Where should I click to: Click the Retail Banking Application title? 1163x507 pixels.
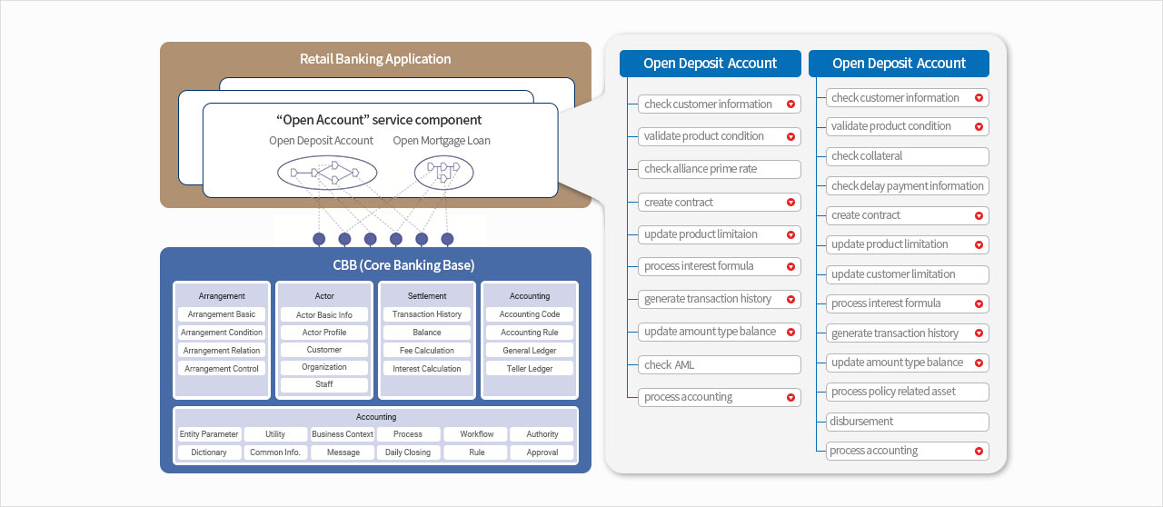point(375,59)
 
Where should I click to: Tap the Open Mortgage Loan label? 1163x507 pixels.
point(442,141)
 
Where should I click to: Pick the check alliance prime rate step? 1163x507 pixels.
point(719,169)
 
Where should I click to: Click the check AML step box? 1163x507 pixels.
point(719,365)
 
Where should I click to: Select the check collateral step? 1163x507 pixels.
point(907,156)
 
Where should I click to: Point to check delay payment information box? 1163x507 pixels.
point(907,186)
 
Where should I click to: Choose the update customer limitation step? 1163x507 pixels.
point(907,274)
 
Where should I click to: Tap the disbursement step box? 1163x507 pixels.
point(907,422)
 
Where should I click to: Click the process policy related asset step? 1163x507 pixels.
point(907,392)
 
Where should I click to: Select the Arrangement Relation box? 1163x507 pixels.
point(222,351)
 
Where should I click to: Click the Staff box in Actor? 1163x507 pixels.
point(324,384)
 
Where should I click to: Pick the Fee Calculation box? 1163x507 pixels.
point(427,351)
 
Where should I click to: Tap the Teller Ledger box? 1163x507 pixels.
point(530,369)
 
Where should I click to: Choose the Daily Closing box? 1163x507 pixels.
point(408,452)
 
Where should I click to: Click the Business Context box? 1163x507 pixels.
point(343,434)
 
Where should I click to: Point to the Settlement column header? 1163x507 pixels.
point(427,296)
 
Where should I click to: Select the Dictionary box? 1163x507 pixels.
point(209,452)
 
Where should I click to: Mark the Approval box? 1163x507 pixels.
point(542,452)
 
